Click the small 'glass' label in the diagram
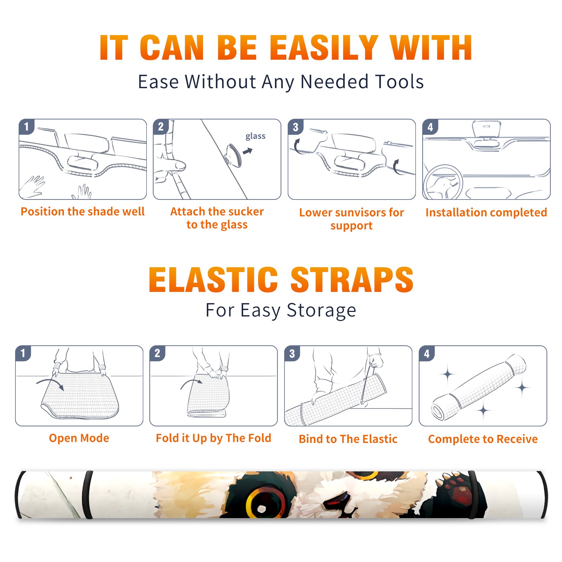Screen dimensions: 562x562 tap(255, 136)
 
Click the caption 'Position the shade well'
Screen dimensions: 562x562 tap(83, 211)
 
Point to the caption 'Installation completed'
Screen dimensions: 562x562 tap(486, 213)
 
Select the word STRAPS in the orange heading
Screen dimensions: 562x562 tap(352, 280)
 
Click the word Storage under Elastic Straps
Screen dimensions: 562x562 tap(321, 311)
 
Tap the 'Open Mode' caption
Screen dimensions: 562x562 tap(79, 438)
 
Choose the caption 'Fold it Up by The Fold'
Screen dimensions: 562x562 tap(214, 438)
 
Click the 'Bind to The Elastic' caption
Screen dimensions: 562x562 tap(348, 439)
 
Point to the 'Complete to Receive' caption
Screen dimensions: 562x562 tap(483, 439)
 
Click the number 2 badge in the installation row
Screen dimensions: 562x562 tap(161, 126)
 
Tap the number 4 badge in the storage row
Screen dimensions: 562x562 tap(427, 353)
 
